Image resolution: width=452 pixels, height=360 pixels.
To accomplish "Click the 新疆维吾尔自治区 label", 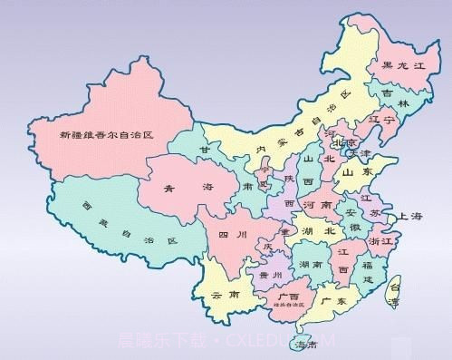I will tap(106, 134).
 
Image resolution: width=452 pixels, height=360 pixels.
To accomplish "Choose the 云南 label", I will tap(224, 296).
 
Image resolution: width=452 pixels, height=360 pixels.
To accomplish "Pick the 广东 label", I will tap(335, 300).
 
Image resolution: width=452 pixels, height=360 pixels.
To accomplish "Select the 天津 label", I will tap(361, 155).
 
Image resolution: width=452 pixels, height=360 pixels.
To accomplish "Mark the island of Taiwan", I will tap(393, 289).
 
